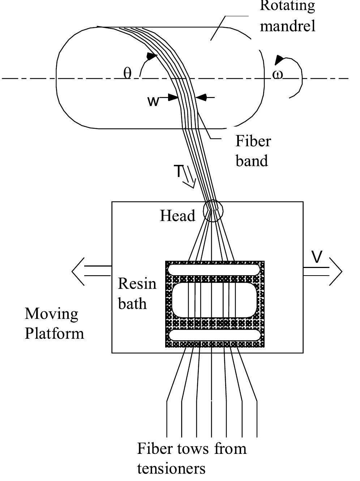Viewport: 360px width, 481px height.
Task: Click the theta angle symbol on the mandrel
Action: (x=127, y=73)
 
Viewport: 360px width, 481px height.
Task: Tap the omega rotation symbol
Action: (x=278, y=75)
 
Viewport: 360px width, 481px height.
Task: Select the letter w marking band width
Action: (x=153, y=101)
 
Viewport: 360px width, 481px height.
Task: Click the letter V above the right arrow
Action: (x=317, y=257)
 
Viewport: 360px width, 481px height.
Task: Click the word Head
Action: (x=177, y=216)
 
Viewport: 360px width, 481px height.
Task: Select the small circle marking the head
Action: (x=213, y=211)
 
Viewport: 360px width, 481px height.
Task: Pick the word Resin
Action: (x=137, y=284)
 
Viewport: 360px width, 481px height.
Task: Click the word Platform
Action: (x=54, y=333)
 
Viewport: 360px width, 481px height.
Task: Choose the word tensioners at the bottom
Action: (x=171, y=468)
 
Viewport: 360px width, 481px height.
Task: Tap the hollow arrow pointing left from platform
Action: (x=90, y=271)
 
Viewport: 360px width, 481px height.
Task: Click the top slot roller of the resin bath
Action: (x=214, y=270)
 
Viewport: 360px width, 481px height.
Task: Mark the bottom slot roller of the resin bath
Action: (x=214, y=335)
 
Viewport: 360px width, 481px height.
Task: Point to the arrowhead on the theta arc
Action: (x=152, y=56)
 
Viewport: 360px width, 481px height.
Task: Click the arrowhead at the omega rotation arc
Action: (x=279, y=60)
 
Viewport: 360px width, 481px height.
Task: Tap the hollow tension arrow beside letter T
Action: (x=189, y=179)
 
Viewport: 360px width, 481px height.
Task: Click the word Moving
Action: (x=51, y=314)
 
